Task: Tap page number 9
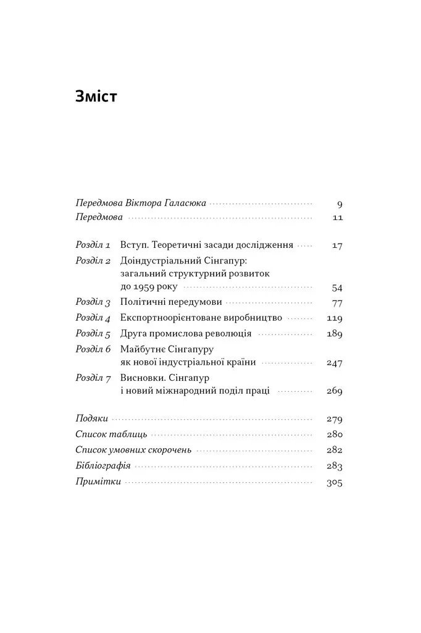click(x=340, y=203)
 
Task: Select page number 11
click(x=337, y=218)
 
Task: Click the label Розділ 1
click(x=93, y=245)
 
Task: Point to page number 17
click(x=337, y=245)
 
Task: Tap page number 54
click(x=336, y=287)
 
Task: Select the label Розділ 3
click(x=93, y=303)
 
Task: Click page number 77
click(x=336, y=303)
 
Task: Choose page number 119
click(x=334, y=318)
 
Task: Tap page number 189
click(x=334, y=334)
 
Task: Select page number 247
click(x=334, y=363)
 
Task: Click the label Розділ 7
click(x=93, y=377)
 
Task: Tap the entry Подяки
click(x=91, y=418)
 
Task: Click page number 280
click(x=334, y=434)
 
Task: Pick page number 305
click(x=334, y=482)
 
